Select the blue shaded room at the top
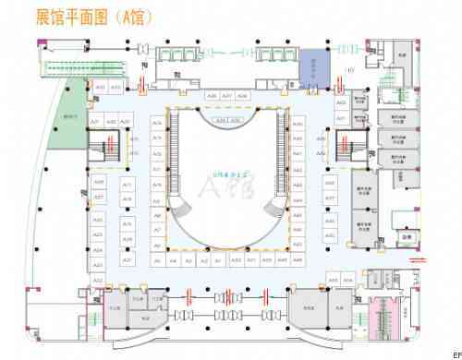point(314,66)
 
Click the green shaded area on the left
point(69,117)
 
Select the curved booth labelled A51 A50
point(227,121)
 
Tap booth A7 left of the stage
point(157,229)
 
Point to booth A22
point(98,279)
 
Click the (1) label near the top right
point(349,71)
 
